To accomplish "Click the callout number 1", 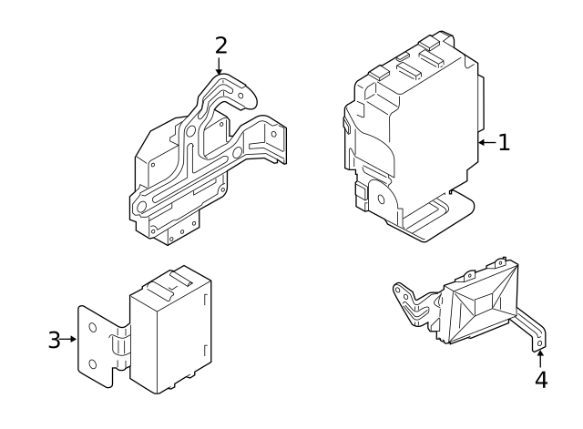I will click(503, 142).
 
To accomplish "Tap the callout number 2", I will click(220, 45).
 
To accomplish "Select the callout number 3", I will click(54, 341).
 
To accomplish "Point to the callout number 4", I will click(541, 380).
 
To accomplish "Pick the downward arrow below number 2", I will click(220, 66).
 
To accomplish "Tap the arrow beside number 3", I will click(70, 341).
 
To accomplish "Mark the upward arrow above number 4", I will click(541, 357).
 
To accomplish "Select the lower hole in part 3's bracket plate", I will click(92, 364).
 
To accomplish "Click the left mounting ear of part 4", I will click(401, 292).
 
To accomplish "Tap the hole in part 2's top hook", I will click(239, 93).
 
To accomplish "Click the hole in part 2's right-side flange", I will click(270, 134).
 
